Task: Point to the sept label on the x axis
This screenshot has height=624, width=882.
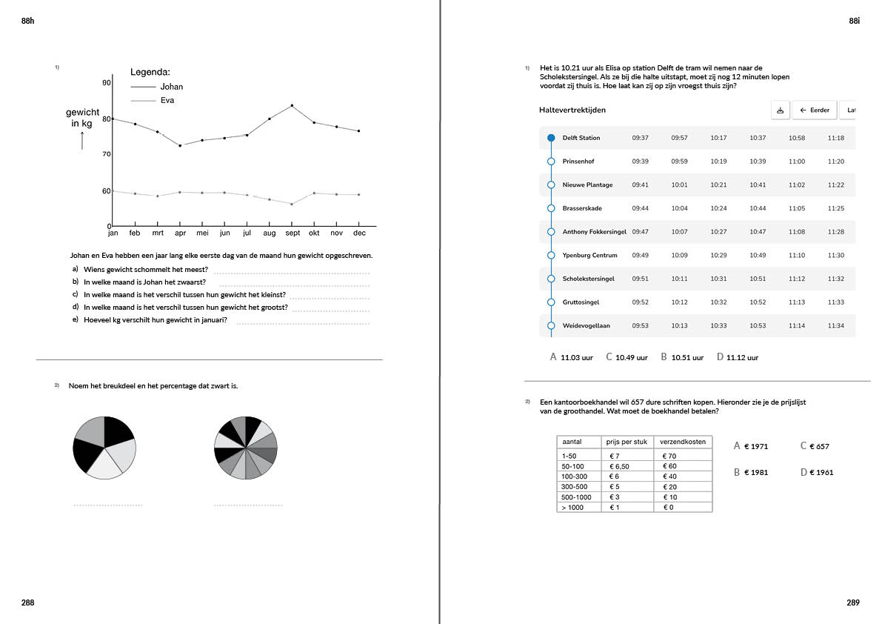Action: coord(292,233)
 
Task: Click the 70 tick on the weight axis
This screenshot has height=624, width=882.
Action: coord(106,154)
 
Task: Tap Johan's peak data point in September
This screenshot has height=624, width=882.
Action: coord(292,105)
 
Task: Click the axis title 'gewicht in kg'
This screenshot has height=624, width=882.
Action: coord(82,118)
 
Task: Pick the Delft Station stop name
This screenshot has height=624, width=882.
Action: coord(581,138)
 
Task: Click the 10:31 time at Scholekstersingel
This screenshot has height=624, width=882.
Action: coord(718,279)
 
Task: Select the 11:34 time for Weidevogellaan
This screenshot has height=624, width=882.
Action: coord(835,326)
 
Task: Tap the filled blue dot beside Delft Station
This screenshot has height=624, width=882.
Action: coord(551,138)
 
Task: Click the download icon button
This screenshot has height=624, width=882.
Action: coord(780,110)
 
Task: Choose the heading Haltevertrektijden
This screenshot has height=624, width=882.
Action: coord(572,110)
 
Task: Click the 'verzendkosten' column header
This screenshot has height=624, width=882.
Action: coord(682,442)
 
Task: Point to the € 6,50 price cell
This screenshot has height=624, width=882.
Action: coord(619,466)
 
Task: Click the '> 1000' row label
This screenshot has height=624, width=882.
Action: coord(572,508)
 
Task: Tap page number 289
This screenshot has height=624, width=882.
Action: coord(852,603)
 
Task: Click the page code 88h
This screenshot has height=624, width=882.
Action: coord(28,22)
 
